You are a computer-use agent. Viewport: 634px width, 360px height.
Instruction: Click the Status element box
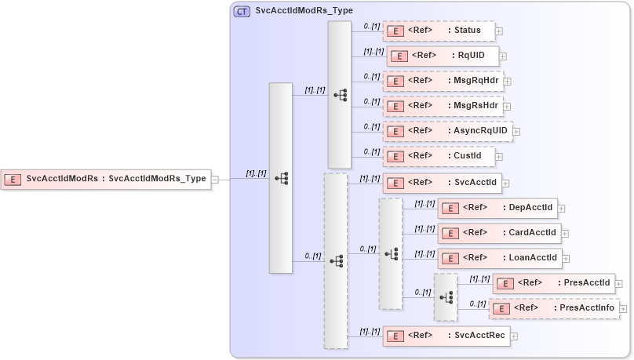point(439,31)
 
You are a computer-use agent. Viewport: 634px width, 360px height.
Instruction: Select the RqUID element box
point(443,56)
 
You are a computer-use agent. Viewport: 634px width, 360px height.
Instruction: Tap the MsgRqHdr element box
point(443,81)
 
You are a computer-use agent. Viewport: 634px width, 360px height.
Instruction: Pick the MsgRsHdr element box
point(443,105)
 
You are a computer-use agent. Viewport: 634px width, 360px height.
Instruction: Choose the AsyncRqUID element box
point(447,130)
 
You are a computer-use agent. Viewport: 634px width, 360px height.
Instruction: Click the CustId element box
point(439,156)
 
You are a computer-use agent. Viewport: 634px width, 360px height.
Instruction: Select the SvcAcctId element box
point(443,183)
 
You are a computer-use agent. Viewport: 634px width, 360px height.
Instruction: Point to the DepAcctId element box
point(497,208)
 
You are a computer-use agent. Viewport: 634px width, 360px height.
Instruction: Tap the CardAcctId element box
point(499,233)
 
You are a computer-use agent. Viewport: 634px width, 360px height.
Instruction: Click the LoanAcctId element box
point(499,257)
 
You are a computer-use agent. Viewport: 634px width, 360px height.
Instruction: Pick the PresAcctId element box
point(554,282)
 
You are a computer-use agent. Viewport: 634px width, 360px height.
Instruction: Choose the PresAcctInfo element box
point(554,308)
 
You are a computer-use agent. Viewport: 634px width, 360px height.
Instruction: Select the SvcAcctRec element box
point(446,336)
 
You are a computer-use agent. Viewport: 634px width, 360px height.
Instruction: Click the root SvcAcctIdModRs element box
point(106,179)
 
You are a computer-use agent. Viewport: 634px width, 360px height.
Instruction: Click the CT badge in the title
point(242,11)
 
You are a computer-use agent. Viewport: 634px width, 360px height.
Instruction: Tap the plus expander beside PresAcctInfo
point(624,309)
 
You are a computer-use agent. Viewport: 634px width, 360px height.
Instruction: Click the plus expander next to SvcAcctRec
point(514,336)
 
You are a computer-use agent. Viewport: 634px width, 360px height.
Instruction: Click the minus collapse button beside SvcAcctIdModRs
point(215,179)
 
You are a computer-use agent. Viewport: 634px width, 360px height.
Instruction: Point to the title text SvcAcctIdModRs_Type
point(304,11)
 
